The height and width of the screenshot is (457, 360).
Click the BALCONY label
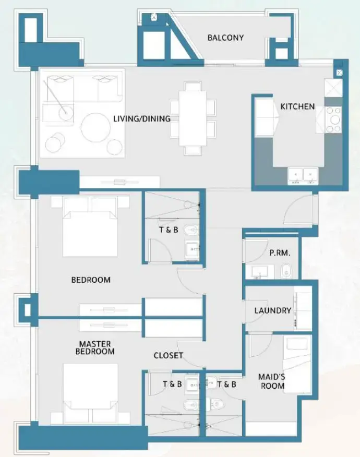[225, 38]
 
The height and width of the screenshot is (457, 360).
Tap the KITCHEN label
[297, 106]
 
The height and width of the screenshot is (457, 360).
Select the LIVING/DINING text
[142, 119]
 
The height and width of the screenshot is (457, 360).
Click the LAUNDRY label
[272, 310]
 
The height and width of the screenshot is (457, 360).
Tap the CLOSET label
[168, 356]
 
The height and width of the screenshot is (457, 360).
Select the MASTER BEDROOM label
[97, 348]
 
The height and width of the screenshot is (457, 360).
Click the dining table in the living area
[193, 119]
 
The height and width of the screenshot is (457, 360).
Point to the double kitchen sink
[303, 175]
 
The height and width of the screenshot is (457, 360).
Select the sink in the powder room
[259, 271]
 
